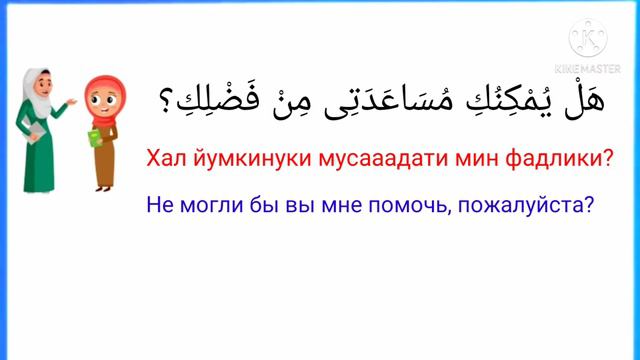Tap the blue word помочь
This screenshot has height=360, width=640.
coord(420,205)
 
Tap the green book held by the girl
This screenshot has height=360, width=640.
coord(94,141)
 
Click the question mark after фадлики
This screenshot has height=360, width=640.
coord(605,159)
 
